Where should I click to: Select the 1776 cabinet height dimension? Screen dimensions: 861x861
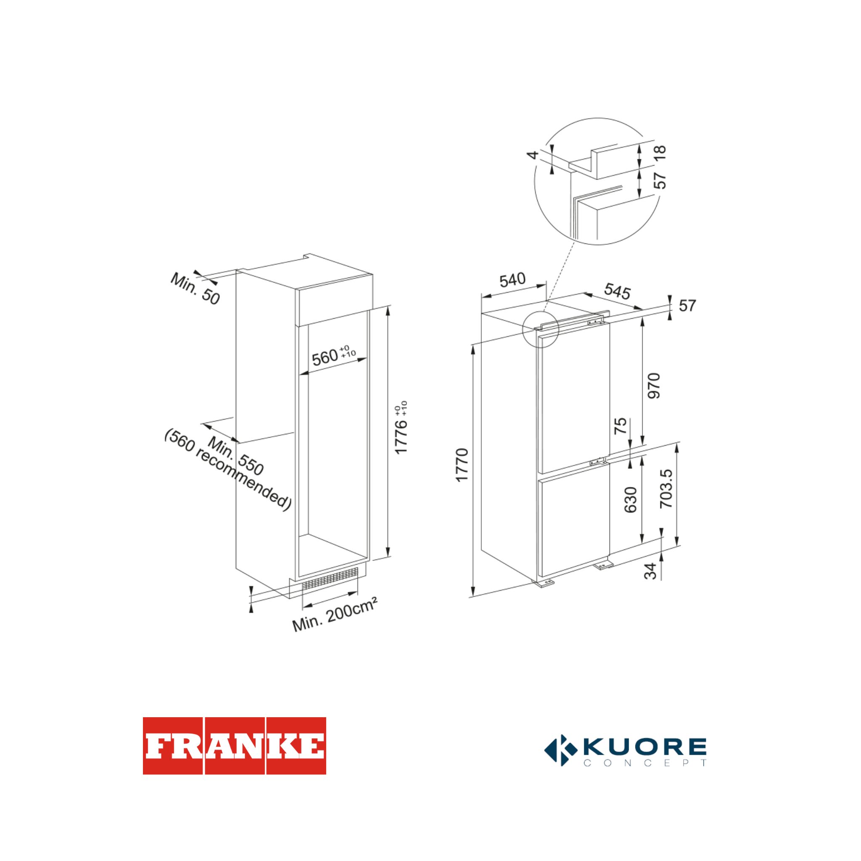(401, 430)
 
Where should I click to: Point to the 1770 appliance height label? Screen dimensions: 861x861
(462, 465)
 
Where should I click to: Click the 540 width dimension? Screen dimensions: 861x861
(512, 280)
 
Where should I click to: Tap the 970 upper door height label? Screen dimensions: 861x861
(654, 386)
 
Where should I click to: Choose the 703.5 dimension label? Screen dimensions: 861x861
(666, 489)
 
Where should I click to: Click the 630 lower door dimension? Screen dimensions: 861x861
(631, 499)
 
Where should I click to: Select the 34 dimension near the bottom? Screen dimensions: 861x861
(651, 571)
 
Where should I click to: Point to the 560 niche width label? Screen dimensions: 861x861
(325, 357)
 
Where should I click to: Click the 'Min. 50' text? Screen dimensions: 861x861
(195, 289)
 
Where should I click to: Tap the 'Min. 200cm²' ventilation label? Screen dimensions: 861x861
(335, 615)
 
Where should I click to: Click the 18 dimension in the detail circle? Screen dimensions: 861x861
(660, 153)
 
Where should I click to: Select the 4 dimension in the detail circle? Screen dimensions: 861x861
(533, 155)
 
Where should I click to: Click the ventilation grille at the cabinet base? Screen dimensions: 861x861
(330, 580)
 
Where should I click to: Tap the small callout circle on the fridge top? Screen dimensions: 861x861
(540, 329)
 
